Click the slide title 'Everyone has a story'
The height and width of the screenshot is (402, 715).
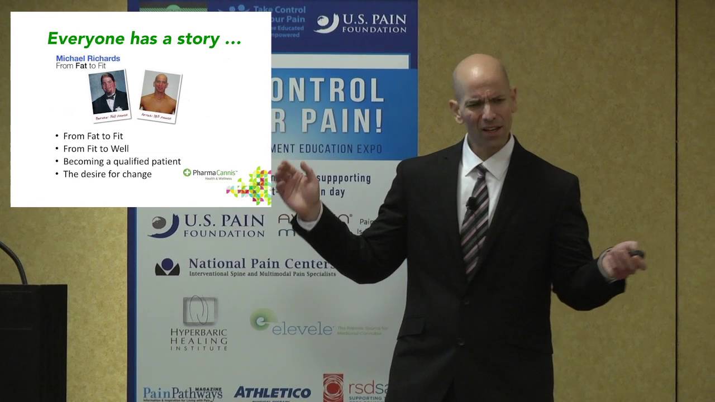(x=144, y=39)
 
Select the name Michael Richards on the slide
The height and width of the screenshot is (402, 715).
(x=88, y=58)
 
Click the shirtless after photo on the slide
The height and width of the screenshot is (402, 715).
(x=160, y=95)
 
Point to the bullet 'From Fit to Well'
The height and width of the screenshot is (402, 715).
(x=96, y=149)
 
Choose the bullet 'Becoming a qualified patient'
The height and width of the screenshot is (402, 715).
(x=122, y=161)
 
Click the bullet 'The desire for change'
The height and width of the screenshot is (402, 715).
(x=107, y=174)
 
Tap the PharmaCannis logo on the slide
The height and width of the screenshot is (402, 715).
(x=211, y=173)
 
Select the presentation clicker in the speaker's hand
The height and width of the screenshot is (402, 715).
(x=636, y=254)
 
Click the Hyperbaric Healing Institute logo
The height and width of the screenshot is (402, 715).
(x=199, y=324)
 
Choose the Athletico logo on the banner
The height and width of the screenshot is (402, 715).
(x=273, y=393)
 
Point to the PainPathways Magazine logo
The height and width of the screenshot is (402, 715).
(x=183, y=393)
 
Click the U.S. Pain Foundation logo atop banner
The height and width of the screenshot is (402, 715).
(x=361, y=23)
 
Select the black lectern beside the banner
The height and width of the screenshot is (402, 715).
(x=34, y=341)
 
